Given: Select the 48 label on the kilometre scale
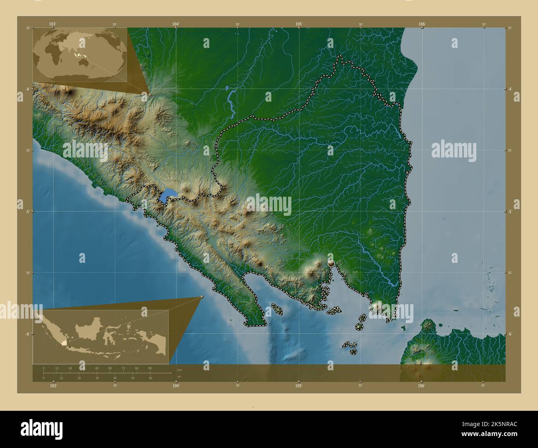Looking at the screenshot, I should [x=96, y=368].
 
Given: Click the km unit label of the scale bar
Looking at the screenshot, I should [x=179, y=369].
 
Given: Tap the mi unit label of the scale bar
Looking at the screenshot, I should [x=179, y=377].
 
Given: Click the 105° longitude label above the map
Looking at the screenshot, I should [x=299, y=24].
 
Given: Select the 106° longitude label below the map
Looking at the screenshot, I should [x=421, y=386].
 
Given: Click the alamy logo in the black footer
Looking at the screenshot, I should [x=41, y=427].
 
